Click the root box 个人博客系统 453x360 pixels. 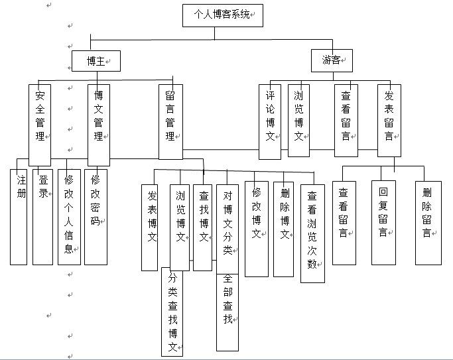click(222, 15)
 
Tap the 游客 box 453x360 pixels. click(331, 60)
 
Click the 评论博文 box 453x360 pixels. click(270, 121)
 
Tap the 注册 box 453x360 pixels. click(19, 216)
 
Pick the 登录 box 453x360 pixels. click(42, 216)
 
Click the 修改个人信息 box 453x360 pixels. click(68, 216)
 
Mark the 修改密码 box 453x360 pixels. click(96, 216)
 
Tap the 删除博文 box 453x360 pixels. click(283, 228)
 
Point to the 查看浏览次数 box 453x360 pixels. click(312, 232)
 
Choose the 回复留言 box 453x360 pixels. click(383, 222)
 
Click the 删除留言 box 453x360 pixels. click(428, 222)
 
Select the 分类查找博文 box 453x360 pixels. click(172, 312)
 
